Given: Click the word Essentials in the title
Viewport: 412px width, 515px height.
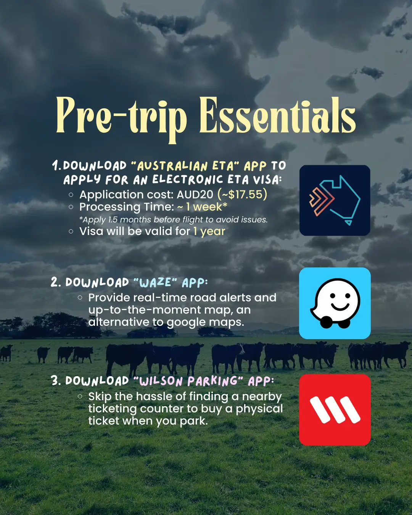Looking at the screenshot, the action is [x=278, y=115].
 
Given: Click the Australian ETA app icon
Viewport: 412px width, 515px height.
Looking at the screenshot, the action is [x=335, y=200].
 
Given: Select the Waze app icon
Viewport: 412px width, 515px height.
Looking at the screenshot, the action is [x=335, y=303].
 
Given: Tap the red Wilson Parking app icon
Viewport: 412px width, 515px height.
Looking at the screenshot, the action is [x=335, y=410].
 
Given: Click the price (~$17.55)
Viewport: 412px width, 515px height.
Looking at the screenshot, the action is [x=242, y=194].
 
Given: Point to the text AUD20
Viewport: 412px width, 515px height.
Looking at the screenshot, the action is [x=195, y=194].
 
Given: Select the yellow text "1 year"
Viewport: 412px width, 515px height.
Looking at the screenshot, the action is [x=209, y=232].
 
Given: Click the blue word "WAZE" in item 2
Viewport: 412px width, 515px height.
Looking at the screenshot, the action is [x=155, y=283].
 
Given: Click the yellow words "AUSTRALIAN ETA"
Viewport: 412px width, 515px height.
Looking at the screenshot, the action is [x=185, y=166].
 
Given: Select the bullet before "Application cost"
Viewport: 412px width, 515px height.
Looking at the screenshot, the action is [x=71, y=195].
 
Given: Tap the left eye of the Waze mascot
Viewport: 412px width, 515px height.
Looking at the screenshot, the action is [x=333, y=296].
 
